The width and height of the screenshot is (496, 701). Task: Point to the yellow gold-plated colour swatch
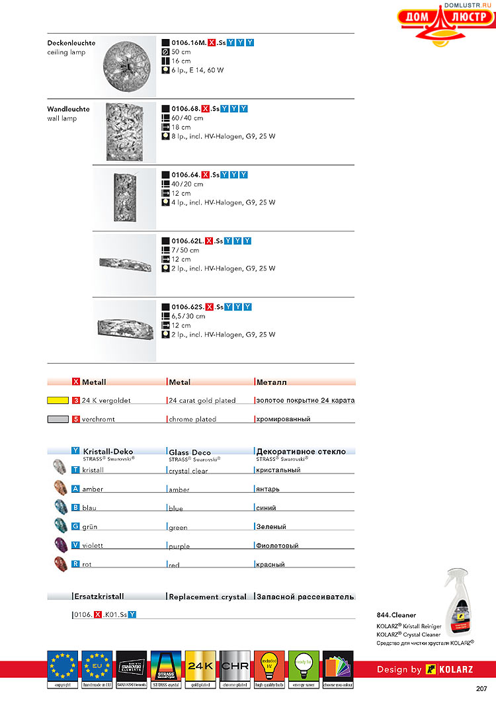pos(58,400)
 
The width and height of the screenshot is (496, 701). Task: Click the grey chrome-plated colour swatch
pos(58,419)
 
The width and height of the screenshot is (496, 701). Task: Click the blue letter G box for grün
pos(76,527)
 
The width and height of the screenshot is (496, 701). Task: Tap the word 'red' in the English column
pos(174,565)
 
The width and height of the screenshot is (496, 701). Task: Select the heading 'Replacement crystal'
pos(208,597)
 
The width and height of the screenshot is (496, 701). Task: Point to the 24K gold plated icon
pos(199,668)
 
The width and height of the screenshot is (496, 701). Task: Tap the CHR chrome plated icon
pos(233,668)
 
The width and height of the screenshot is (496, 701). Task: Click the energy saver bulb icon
pos(303,668)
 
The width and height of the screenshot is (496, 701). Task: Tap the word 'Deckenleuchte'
pos(71,43)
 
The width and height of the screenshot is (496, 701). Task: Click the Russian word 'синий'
pos(266,508)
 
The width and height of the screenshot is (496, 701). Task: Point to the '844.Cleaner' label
pos(396,615)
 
